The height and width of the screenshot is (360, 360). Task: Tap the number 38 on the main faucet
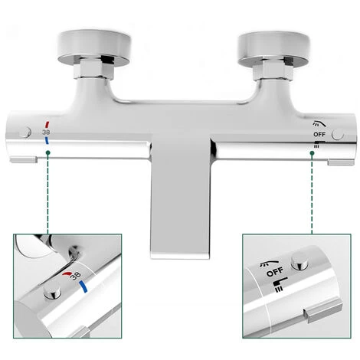(46, 131)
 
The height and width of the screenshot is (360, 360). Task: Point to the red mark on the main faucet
(47, 123)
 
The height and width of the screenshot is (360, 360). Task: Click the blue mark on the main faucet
(47, 141)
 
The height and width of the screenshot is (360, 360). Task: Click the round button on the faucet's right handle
(338, 134)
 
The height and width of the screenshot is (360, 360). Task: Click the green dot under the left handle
(49, 153)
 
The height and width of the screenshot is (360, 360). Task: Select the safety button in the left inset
(52, 293)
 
